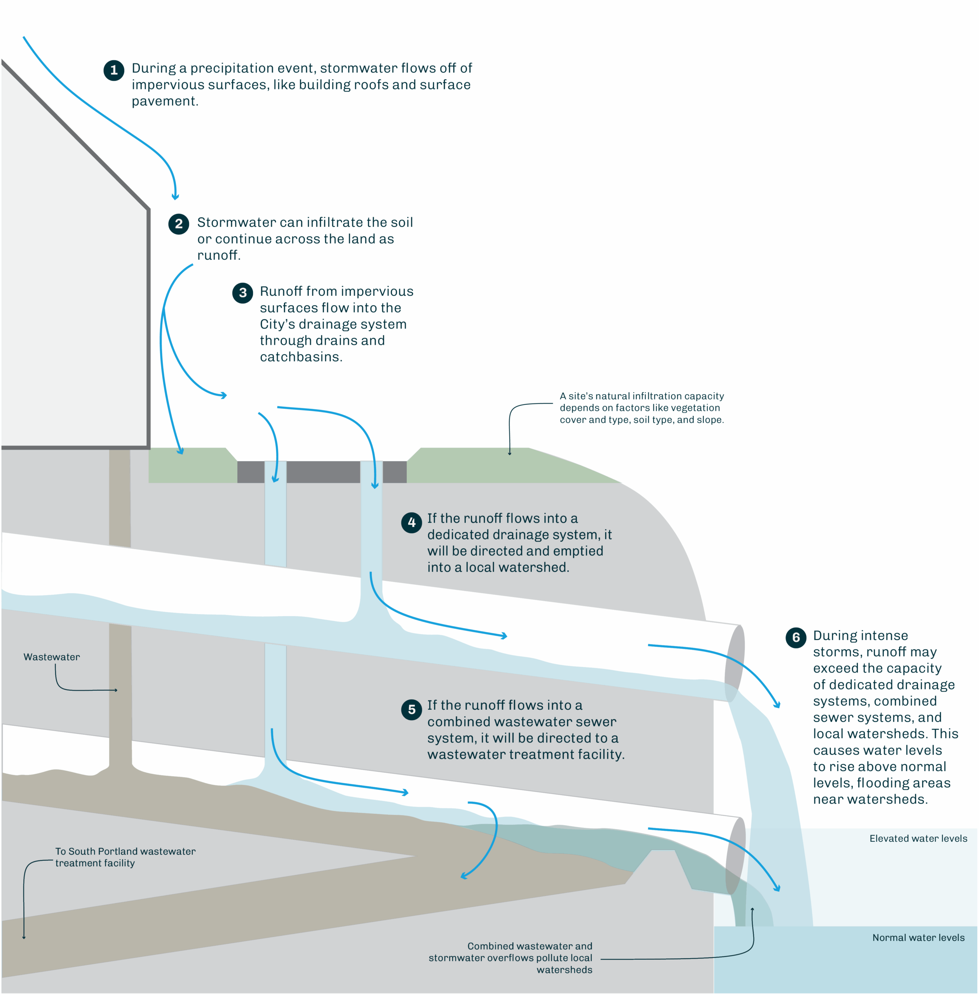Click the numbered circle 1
click(x=113, y=70)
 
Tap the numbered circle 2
click(x=178, y=224)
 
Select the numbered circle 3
click(x=243, y=293)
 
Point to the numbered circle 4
click(x=411, y=522)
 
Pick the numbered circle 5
click(x=411, y=709)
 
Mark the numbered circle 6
click(x=796, y=637)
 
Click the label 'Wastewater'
click(x=51, y=657)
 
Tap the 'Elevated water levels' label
click(x=918, y=838)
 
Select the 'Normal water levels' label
click(x=918, y=937)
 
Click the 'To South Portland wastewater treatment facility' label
click(x=125, y=857)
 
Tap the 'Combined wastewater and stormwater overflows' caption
click(x=510, y=958)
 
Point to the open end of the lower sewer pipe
click(x=736, y=856)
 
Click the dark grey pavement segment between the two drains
click(x=323, y=472)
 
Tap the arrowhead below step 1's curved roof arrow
click(x=175, y=197)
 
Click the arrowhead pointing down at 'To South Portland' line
click(x=24, y=937)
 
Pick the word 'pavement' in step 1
click(x=164, y=101)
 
